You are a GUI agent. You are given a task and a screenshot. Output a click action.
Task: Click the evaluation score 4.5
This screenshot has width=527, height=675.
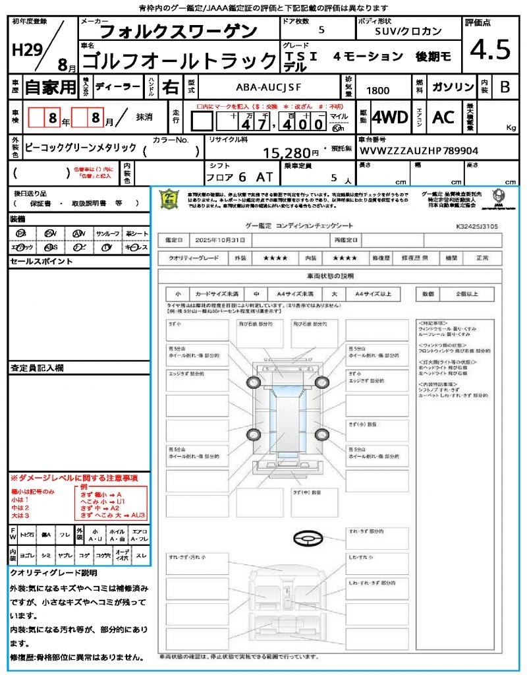pyautogui.click(x=489, y=49)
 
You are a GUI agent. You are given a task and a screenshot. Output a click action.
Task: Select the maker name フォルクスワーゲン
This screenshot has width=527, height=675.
pyautogui.click(x=178, y=30)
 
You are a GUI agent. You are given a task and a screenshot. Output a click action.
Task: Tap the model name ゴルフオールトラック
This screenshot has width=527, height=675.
pyautogui.click(x=178, y=60)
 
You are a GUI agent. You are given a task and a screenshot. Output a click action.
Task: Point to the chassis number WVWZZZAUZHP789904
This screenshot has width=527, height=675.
pyautogui.click(x=419, y=151)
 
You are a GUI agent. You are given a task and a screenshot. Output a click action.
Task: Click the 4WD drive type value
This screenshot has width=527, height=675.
pyautogui.click(x=389, y=117)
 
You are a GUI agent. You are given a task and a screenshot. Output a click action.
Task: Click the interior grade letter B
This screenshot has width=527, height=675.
pyautogui.click(x=505, y=88)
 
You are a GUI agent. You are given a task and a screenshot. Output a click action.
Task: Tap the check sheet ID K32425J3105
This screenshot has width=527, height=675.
pyautogui.click(x=477, y=226)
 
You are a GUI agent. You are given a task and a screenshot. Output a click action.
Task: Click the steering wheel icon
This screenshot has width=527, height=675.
pyautogui.click(x=308, y=540)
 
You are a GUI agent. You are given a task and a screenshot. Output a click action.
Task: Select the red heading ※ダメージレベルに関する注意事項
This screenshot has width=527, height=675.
pyautogui.click(x=74, y=477)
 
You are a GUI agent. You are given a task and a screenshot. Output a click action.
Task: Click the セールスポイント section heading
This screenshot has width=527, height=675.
pyautogui.click(x=32, y=262)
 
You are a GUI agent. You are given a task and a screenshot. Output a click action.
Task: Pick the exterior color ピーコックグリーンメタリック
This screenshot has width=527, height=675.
pyautogui.click(x=80, y=148)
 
